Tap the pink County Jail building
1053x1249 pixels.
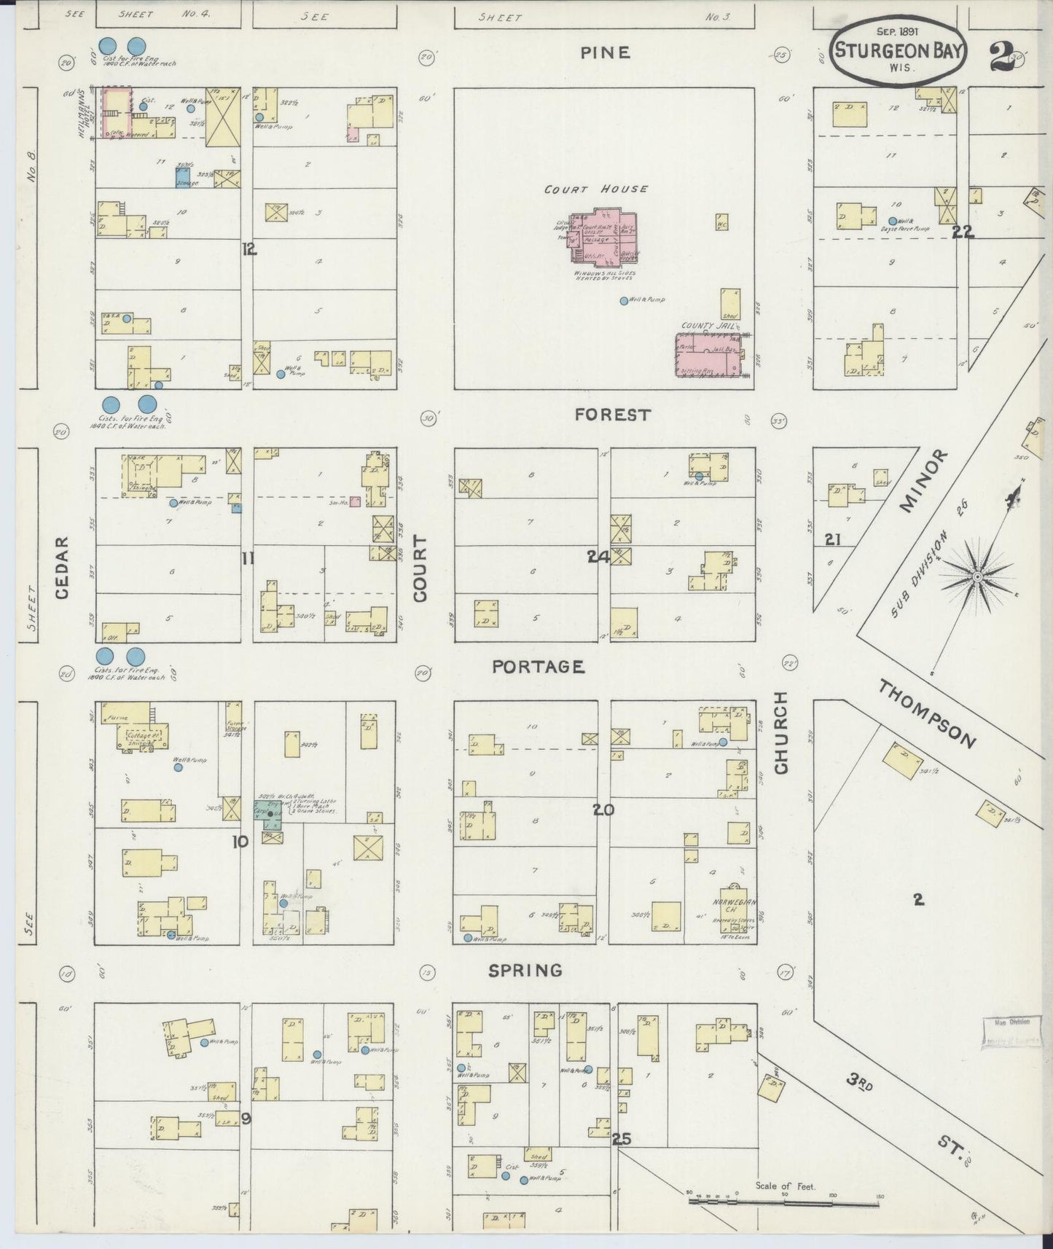pyautogui.click(x=711, y=356)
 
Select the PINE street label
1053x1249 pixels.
pyautogui.click(x=605, y=52)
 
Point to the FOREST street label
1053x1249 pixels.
pyautogui.click(x=611, y=415)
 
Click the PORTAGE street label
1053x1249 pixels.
pyautogui.click(x=539, y=667)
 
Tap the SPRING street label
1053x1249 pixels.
pyautogui.click(x=525, y=971)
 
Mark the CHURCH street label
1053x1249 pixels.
pyautogui.click(x=781, y=733)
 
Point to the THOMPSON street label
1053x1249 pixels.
pyautogui.click(x=925, y=714)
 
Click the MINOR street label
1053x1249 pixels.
pyautogui.click(x=924, y=481)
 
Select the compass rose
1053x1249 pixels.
pyautogui.click(x=976, y=576)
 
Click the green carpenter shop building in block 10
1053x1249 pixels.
pyautogui.click(x=272, y=815)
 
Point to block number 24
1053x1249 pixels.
pyautogui.click(x=598, y=557)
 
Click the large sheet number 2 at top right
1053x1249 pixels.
pyautogui.click(x=1003, y=56)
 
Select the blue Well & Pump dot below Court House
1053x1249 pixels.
pyautogui.click(x=623, y=300)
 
